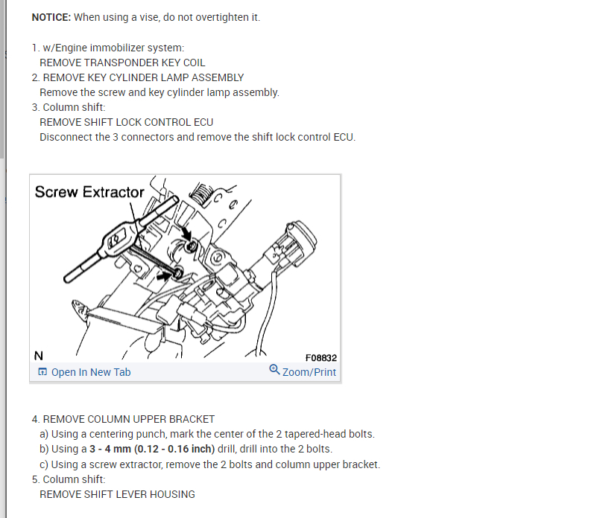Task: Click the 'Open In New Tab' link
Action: (x=90, y=372)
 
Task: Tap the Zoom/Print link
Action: (x=309, y=372)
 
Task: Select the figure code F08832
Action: (x=320, y=357)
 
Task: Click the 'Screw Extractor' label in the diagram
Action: (x=89, y=192)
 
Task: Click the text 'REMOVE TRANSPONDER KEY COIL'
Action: (x=122, y=63)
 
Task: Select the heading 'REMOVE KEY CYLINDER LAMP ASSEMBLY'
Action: (x=143, y=77)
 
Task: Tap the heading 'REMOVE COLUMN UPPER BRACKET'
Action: (x=129, y=419)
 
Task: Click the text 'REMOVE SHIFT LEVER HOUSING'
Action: (x=117, y=494)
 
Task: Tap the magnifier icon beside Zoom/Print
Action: (x=274, y=371)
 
